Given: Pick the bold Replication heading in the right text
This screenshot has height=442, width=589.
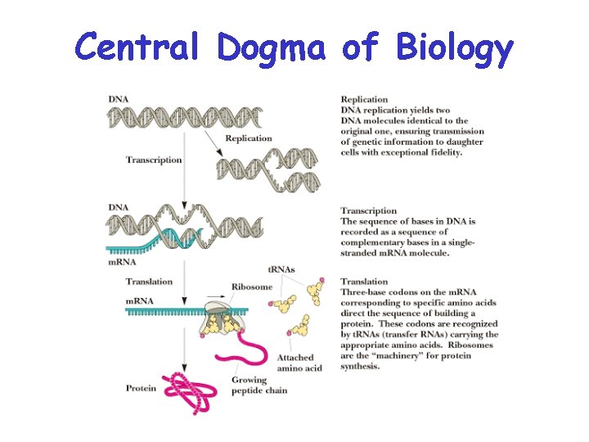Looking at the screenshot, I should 365,100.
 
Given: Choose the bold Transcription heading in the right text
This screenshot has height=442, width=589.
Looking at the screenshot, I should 369,211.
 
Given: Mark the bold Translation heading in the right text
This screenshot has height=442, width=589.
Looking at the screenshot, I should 366,282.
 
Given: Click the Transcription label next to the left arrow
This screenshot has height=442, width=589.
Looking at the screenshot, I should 154,160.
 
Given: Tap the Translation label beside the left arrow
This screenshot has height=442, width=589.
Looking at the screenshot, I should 149,282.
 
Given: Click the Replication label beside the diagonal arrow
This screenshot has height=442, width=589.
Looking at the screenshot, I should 248,138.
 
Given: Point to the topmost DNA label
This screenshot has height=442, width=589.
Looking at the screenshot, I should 118,99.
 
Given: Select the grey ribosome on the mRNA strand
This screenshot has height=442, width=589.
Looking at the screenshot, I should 222,316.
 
